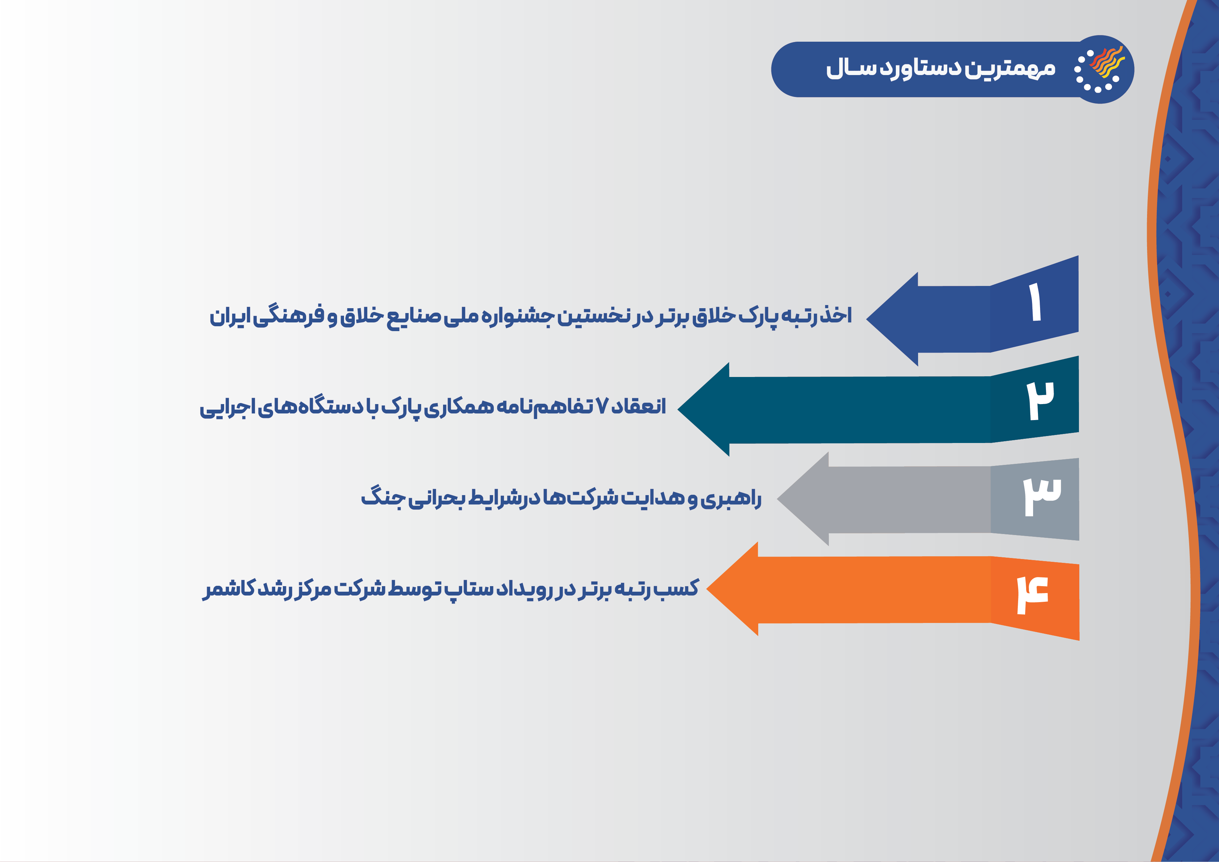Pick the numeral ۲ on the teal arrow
pyautogui.click(x=1040, y=401)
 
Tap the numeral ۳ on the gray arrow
pyautogui.click(x=1042, y=496)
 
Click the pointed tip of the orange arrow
pyautogui.click(x=707, y=589)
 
